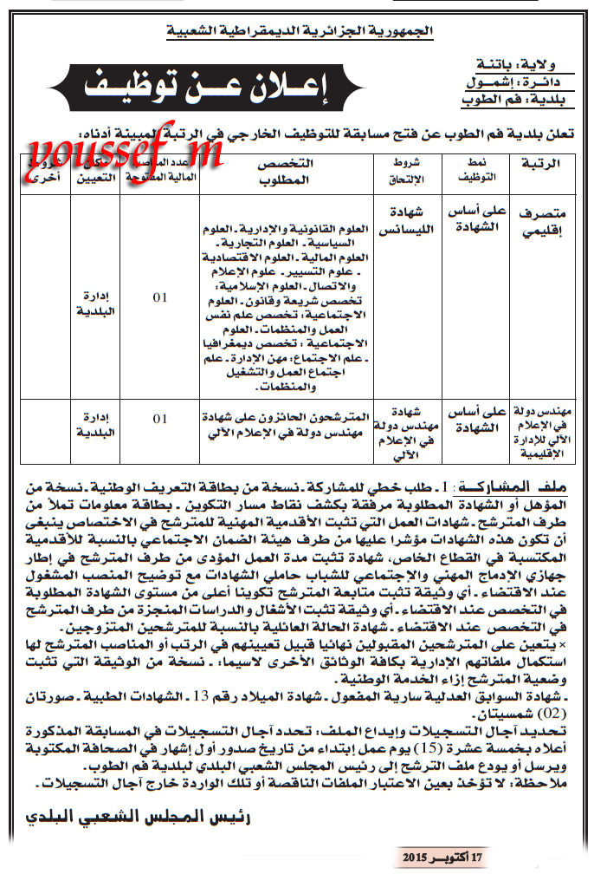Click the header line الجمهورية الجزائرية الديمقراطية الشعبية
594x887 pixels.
(300, 33)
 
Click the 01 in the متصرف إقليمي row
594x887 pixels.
(159, 298)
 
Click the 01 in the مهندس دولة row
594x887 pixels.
(159, 419)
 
